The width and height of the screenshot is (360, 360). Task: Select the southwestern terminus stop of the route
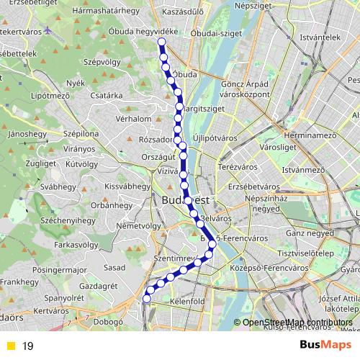[x=147, y=298]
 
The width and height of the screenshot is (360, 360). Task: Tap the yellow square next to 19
[x=10, y=346]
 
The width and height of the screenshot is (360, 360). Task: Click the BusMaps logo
[x=325, y=345]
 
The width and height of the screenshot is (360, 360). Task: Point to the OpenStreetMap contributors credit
[x=296, y=323]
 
